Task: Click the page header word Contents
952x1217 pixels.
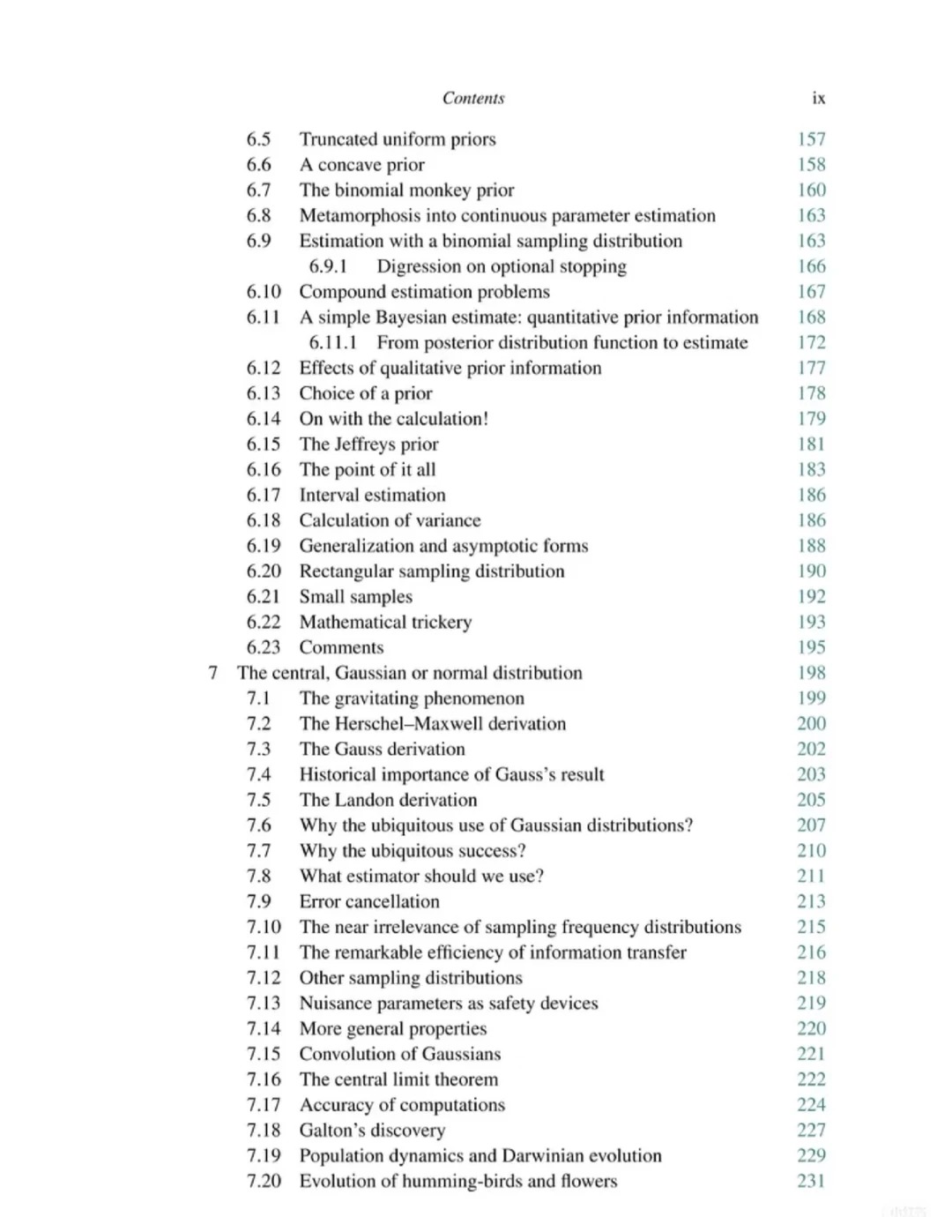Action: click(x=473, y=98)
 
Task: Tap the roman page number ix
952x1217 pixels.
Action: click(x=819, y=98)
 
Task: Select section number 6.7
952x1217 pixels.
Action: click(x=258, y=190)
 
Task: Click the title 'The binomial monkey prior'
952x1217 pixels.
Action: click(x=406, y=190)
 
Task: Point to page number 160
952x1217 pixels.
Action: click(x=811, y=190)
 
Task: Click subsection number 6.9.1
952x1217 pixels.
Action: click(x=328, y=266)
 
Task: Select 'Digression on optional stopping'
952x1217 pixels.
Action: click(x=502, y=266)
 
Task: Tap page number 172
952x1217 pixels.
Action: click(x=811, y=342)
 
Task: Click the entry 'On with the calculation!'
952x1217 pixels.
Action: click(x=393, y=419)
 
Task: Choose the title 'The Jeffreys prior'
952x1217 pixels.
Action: click(x=368, y=444)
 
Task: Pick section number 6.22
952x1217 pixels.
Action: click(x=264, y=622)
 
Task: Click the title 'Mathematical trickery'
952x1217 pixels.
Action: click(x=385, y=622)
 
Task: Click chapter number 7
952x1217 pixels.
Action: click(x=212, y=673)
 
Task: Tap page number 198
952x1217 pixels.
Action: click(x=811, y=673)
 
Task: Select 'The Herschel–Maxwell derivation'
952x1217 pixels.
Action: click(x=433, y=724)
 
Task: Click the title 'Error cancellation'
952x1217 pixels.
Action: click(x=369, y=901)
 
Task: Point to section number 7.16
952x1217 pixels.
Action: click(x=264, y=1079)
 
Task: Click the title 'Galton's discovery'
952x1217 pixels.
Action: click(x=372, y=1131)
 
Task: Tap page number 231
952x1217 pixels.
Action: click(x=811, y=1181)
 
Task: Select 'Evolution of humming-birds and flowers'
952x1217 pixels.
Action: click(x=458, y=1181)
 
